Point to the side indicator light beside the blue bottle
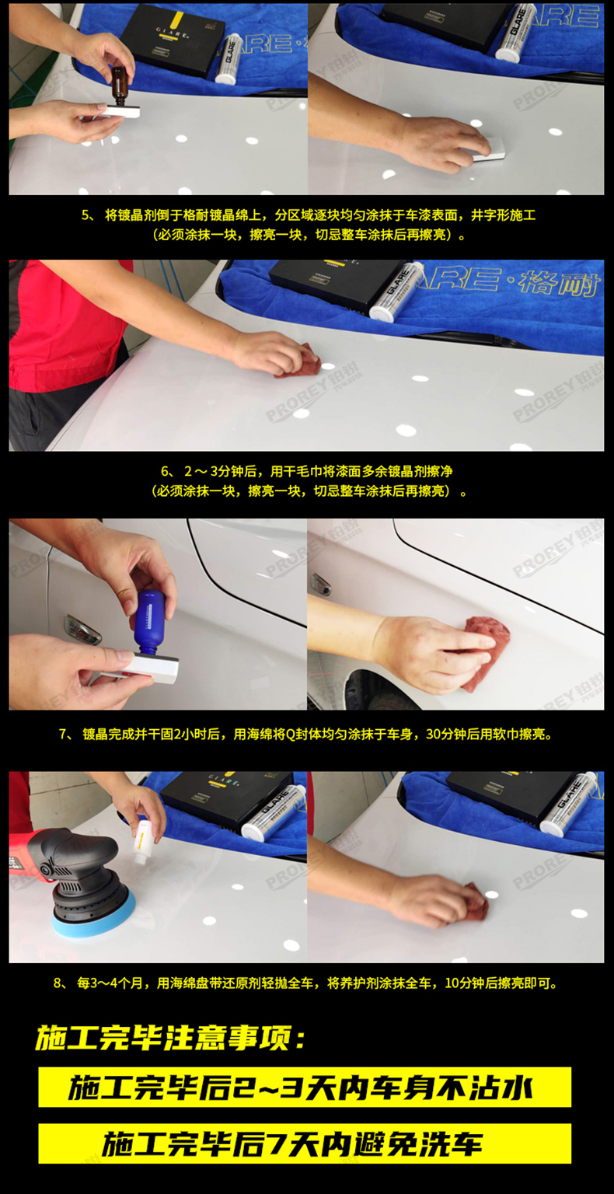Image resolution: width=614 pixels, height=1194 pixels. tap(82, 629)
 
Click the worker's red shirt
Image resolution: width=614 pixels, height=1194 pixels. tap(62, 319)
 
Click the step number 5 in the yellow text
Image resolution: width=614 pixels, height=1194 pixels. tap(86, 215)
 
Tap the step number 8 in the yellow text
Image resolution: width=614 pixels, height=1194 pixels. tap(59, 983)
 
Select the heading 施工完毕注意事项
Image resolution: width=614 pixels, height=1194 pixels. tap(171, 1039)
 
